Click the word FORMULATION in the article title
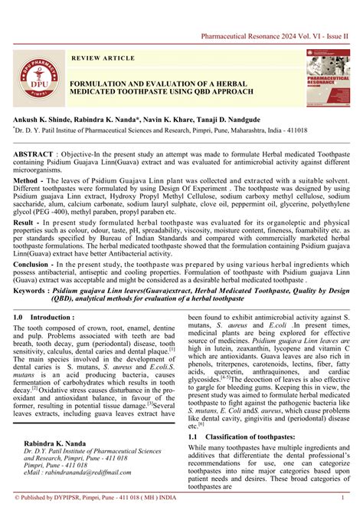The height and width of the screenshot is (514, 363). pyautogui.click(x=103, y=81)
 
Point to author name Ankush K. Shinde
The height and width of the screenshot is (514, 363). pyautogui.click(x=41, y=121)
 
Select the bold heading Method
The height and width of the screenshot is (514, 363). pyautogui.click(x=27, y=180)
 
